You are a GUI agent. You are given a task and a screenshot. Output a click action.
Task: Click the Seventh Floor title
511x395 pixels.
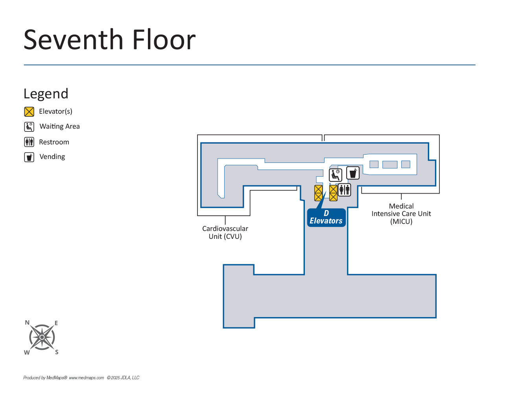point(109,40)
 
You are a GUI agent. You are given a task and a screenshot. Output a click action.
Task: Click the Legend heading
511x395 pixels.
point(46,94)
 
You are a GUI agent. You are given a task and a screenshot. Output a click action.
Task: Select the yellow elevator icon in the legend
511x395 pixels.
point(29,112)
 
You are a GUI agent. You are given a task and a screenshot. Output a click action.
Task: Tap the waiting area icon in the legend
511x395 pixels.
point(29,127)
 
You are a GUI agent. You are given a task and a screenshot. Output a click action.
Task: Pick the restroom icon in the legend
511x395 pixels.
point(29,142)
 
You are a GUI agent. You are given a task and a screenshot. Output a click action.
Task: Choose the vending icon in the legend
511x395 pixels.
point(29,157)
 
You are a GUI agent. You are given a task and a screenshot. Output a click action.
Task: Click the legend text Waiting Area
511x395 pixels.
point(59,126)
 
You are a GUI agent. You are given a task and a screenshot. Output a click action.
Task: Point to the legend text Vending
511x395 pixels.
point(52,157)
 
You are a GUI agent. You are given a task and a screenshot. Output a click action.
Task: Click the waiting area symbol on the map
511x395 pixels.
point(336,175)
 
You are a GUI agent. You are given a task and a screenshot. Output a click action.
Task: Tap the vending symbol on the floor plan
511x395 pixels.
point(353,173)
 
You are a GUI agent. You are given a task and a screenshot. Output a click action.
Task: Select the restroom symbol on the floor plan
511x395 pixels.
point(345,190)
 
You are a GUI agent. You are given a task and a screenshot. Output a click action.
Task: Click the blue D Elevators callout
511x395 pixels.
point(326,218)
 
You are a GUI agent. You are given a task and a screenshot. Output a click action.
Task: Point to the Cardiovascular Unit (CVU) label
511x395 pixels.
point(225,233)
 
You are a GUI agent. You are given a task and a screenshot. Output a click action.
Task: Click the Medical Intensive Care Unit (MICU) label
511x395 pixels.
point(401,214)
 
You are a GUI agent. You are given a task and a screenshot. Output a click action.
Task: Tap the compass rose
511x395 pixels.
point(42,337)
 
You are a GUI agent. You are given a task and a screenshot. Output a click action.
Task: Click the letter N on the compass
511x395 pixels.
point(27,323)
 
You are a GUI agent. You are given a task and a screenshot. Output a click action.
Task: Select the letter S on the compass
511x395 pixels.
point(57,352)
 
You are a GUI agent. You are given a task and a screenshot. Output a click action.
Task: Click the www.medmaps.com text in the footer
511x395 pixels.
point(86,378)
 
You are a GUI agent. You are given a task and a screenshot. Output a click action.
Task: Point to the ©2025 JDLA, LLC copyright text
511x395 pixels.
point(123,378)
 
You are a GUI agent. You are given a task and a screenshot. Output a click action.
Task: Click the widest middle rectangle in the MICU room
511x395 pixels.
point(390,164)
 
